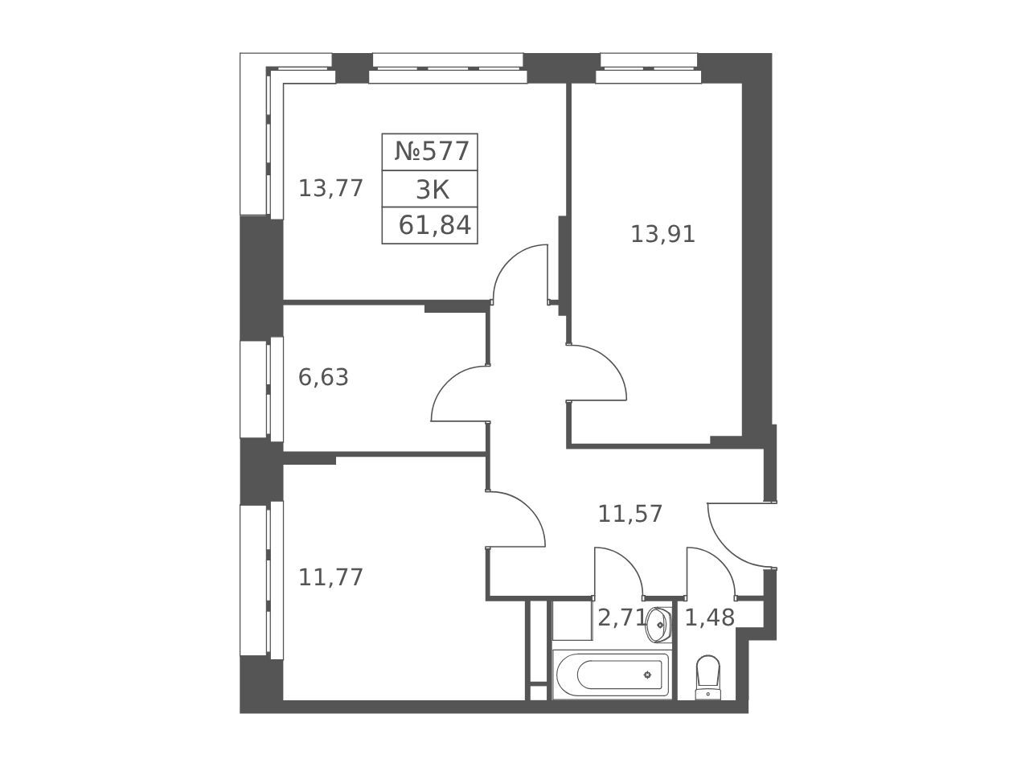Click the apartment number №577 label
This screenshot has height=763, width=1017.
pyautogui.click(x=432, y=151)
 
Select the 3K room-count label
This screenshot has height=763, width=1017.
pyautogui.click(x=433, y=190)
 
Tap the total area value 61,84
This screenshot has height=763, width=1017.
pyautogui.click(x=435, y=226)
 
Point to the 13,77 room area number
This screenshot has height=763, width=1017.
pyautogui.click(x=330, y=189)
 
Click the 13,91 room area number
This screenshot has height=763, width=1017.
pyautogui.click(x=662, y=234)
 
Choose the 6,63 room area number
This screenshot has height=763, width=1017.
pyautogui.click(x=323, y=377)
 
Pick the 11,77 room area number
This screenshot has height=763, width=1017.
pyautogui.click(x=330, y=577)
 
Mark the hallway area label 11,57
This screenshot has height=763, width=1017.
pyautogui.click(x=630, y=514)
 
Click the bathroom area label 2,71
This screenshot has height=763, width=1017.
pyautogui.click(x=621, y=617)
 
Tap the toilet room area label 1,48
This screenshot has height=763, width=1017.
pyautogui.click(x=709, y=617)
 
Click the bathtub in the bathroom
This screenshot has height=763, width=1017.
pyautogui.click(x=612, y=675)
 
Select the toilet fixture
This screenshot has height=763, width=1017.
pyautogui.click(x=708, y=677)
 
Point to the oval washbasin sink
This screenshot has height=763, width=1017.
pyautogui.click(x=658, y=625)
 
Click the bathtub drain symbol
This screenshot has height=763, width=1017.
pyautogui.click(x=647, y=675)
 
